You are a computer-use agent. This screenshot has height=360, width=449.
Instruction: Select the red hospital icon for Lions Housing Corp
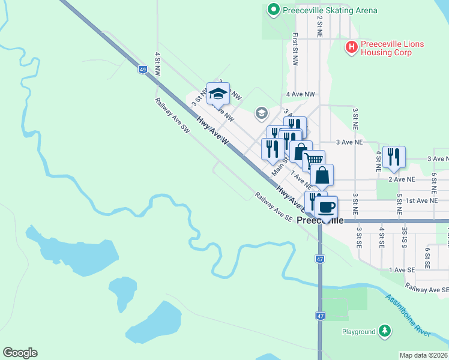(x=351, y=46)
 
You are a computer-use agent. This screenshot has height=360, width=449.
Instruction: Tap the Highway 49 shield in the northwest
(x=142, y=70)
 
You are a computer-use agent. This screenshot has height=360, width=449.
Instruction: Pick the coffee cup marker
(x=326, y=207)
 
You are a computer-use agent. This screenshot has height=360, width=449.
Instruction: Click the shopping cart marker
(x=313, y=160)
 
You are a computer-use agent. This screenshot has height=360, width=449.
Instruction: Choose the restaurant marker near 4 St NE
(x=394, y=156)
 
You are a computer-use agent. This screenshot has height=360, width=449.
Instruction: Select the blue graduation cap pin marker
(x=218, y=93)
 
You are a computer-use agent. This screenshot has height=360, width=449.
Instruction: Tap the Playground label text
(x=359, y=331)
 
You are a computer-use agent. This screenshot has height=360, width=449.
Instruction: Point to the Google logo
(x=20, y=353)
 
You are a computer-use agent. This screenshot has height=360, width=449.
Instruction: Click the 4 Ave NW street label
(x=301, y=94)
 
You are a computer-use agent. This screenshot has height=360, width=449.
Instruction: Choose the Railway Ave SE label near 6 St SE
(x=426, y=289)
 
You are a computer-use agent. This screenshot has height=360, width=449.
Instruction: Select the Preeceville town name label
(x=321, y=220)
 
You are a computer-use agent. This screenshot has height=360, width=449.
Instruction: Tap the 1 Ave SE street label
(x=402, y=270)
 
